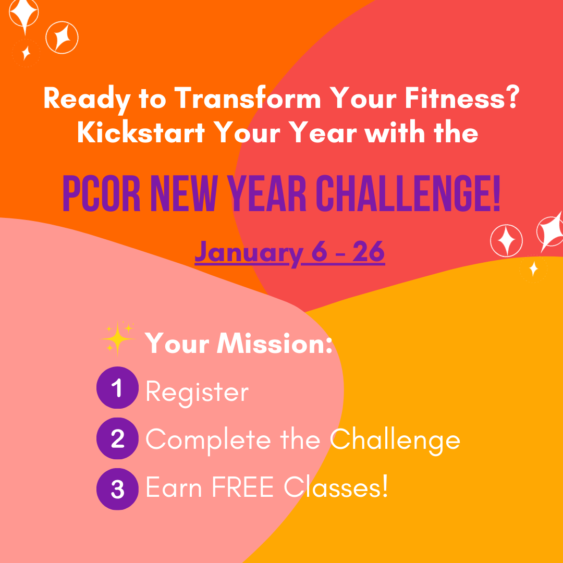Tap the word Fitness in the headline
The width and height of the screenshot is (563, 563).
click(461, 97)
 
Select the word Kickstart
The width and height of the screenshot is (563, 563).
click(141, 132)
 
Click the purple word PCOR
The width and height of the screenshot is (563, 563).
click(101, 193)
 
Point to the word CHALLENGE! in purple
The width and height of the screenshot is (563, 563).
click(408, 193)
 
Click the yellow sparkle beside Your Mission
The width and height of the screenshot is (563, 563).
click(118, 338)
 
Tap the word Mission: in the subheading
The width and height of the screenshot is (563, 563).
click(274, 344)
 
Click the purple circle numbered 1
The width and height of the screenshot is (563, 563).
click(117, 388)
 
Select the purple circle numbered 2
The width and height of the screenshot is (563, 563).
click(117, 438)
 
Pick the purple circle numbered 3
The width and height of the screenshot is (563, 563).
click(117, 489)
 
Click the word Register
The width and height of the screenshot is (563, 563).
click(197, 393)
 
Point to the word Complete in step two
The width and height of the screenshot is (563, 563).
click(208, 440)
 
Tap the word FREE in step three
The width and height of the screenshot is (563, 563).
click(243, 487)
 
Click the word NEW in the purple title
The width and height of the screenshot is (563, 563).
click(184, 193)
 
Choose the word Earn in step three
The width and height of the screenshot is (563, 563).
click(174, 487)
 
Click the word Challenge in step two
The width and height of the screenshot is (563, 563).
click(395, 440)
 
